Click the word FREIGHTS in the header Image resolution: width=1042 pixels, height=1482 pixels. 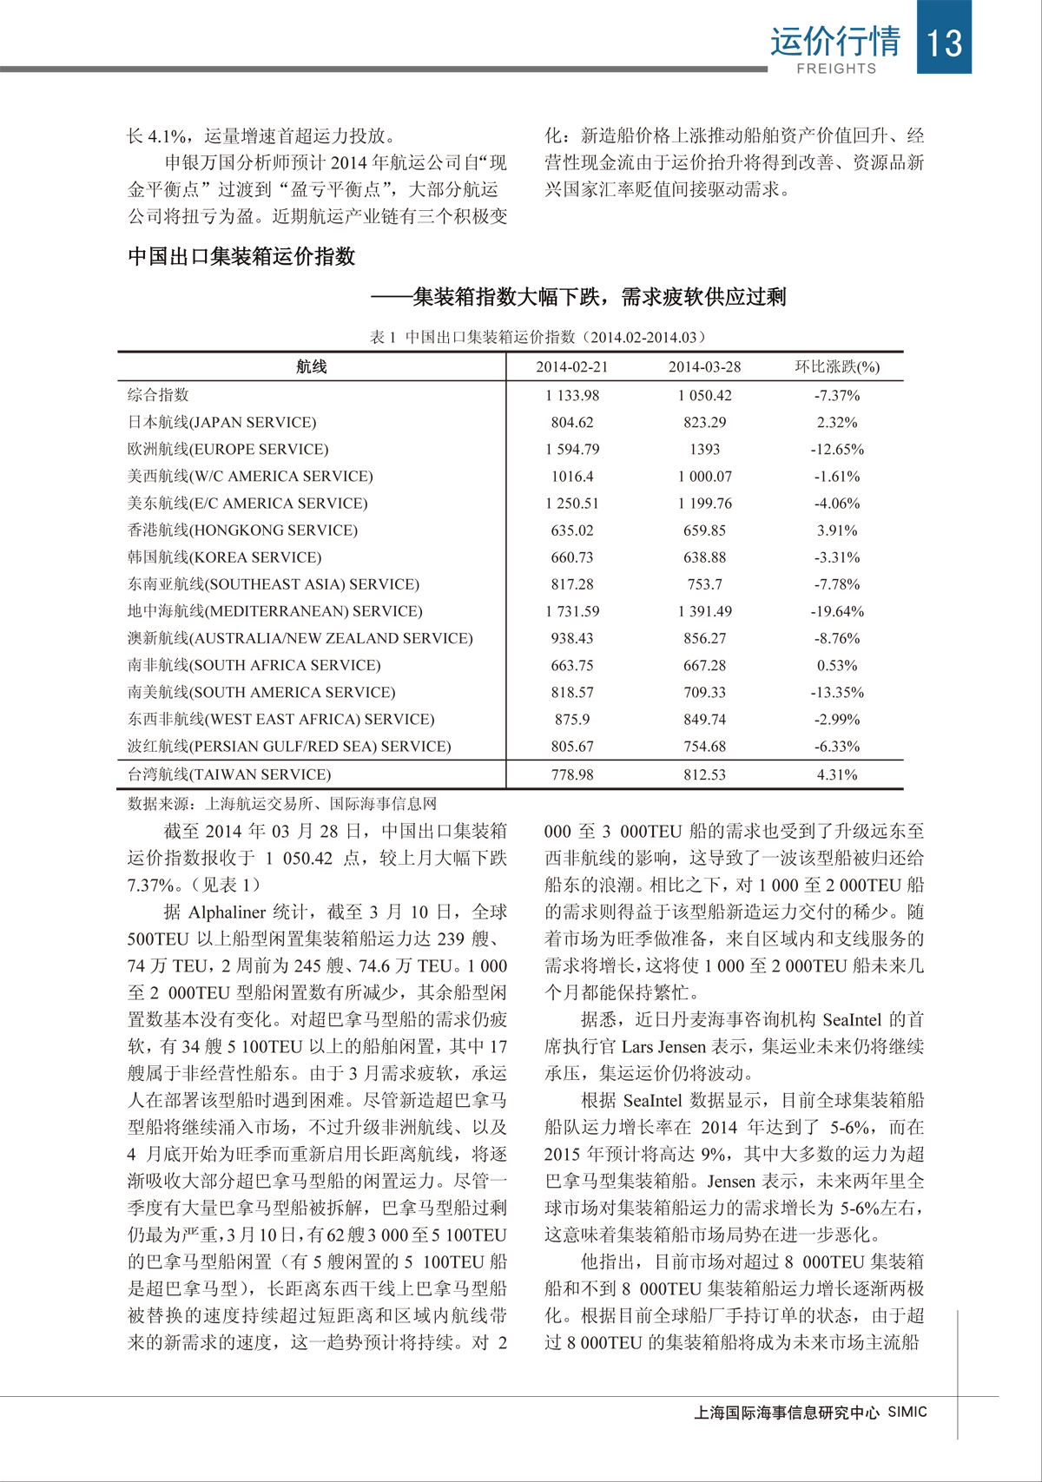[836, 69]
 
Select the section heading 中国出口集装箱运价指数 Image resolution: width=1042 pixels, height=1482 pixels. [241, 257]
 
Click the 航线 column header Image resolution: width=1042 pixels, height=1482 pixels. [312, 366]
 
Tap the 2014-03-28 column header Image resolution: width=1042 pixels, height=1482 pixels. [704, 366]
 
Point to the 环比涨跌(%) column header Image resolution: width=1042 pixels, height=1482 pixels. [837, 366]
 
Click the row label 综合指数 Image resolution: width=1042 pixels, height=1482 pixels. [158, 395]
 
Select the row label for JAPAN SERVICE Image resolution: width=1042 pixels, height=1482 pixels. [222, 422]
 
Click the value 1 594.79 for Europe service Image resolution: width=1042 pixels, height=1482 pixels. [572, 449]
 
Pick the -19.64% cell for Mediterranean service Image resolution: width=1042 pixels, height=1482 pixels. [837, 611]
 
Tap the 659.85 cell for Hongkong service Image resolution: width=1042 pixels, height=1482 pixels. [704, 530]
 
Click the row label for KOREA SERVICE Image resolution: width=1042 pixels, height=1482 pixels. [225, 557]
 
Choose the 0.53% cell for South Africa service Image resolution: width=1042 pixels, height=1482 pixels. [837, 665]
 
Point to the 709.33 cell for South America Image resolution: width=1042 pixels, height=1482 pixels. [704, 692]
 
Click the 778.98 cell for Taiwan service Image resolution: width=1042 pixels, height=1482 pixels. [572, 774]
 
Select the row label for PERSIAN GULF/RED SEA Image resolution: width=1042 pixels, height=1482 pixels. [289, 746]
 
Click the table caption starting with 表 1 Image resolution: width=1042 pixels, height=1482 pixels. [538, 337]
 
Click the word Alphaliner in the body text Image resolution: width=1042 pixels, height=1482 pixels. [227, 912]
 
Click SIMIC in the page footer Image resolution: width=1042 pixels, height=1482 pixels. [907, 1412]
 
